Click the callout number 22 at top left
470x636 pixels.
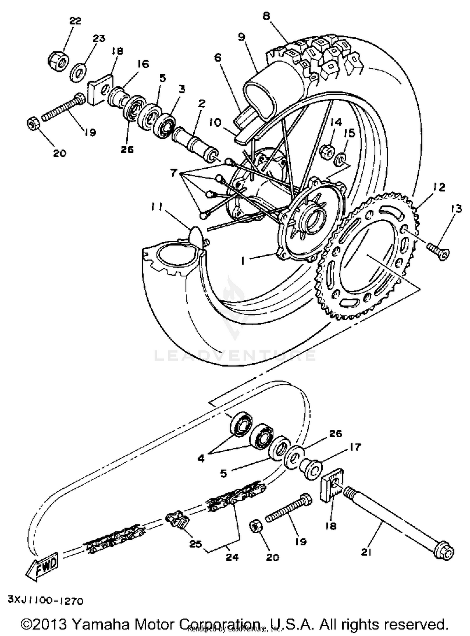tap(75, 21)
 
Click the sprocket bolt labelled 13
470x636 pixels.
tap(438, 251)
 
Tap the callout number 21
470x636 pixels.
tap(366, 552)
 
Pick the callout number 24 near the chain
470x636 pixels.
tap(232, 557)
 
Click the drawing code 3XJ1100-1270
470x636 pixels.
tap(46, 601)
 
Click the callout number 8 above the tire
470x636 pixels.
tap(266, 16)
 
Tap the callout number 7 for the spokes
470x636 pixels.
tap(174, 173)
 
